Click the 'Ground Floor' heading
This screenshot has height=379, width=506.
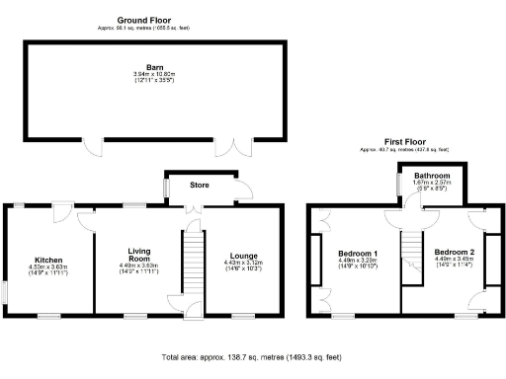pos(145,20)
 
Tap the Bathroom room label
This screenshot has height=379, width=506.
pos(432,175)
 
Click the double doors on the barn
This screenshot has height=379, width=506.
pos(228,148)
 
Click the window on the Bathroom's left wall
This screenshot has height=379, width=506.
pos(396,180)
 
